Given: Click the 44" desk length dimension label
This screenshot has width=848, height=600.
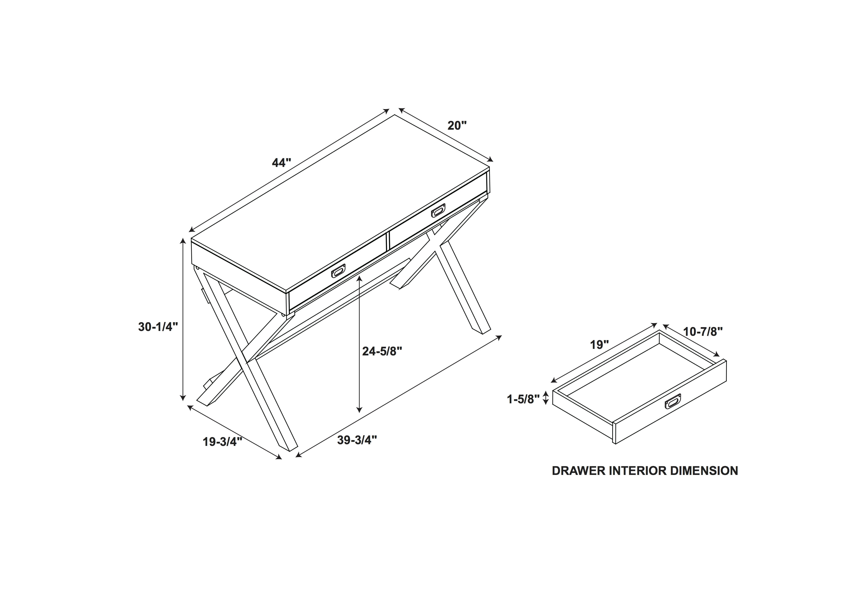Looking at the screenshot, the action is (x=281, y=163).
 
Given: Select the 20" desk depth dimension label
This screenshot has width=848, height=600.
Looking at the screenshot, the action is (x=457, y=126).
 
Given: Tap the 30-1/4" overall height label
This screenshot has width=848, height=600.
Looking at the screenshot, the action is (x=158, y=327).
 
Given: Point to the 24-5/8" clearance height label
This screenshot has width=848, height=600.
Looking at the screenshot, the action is (x=382, y=351).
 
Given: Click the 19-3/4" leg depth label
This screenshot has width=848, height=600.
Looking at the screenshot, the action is (x=222, y=442).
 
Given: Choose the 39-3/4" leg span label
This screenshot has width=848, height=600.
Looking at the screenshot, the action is (x=357, y=440).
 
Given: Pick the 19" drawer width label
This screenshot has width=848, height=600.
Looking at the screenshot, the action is (x=599, y=345).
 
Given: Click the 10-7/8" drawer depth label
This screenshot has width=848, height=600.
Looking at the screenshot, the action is (x=703, y=331).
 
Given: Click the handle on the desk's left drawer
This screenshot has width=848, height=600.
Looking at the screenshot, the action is (x=338, y=270).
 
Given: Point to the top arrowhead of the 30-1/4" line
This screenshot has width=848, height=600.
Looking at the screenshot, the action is (x=183, y=241).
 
